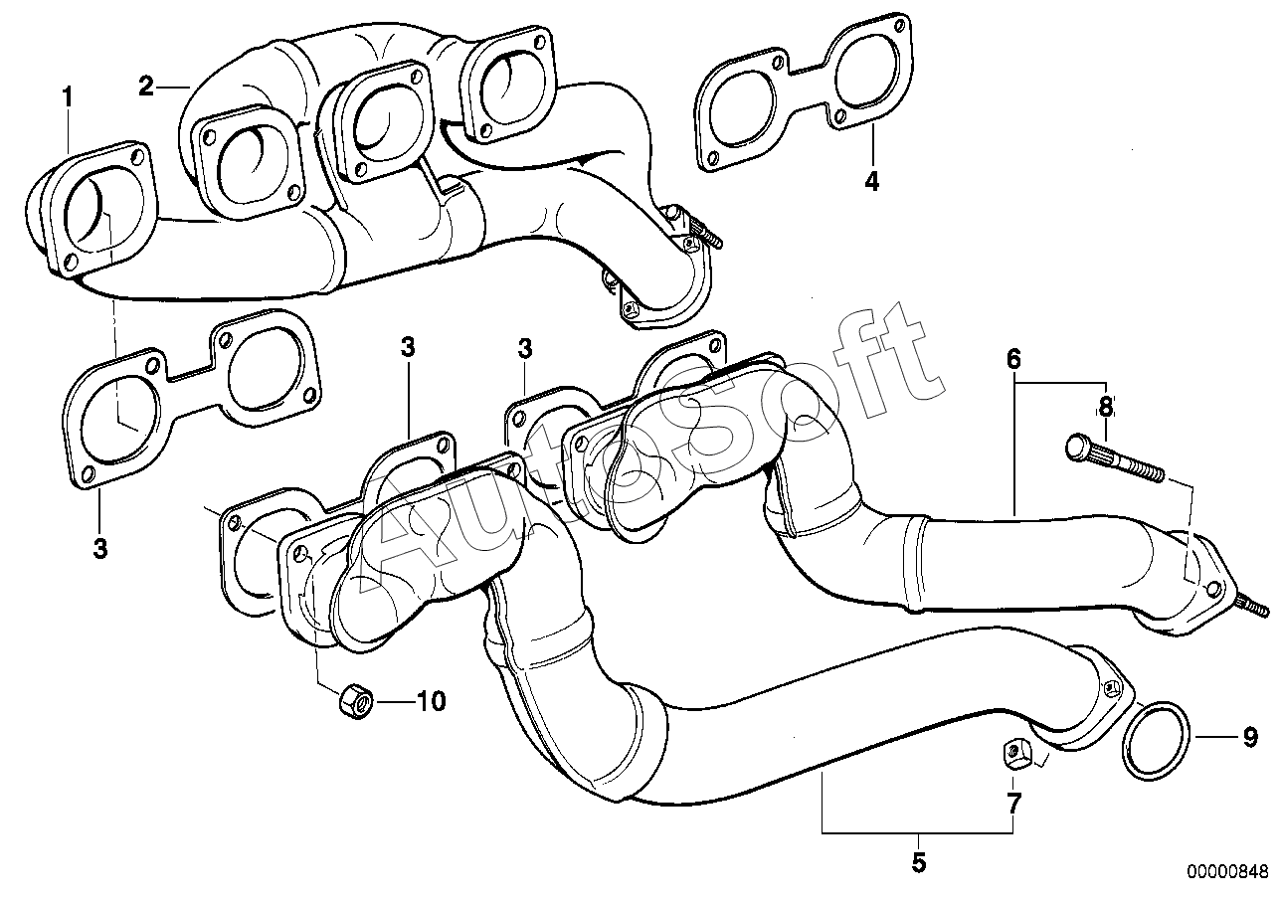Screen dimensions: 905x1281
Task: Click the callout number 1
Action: [68, 97]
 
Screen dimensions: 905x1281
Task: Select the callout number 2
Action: [146, 87]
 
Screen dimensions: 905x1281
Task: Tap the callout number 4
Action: [871, 182]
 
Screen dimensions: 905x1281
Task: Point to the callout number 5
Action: [918, 862]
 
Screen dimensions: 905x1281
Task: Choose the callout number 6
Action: [1013, 359]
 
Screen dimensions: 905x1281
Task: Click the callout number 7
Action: [1013, 802]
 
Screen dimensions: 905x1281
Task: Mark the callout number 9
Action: [1250, 738]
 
